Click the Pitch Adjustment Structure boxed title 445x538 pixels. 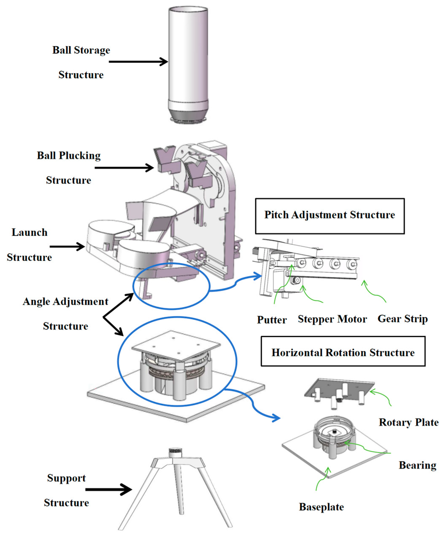click(329, 215)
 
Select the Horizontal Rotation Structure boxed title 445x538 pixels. click(343, 353)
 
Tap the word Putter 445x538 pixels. click(272, 320)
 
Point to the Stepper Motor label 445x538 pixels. click(332, 319)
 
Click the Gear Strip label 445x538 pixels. click(402, 319)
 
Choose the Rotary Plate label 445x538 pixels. click(408, 422)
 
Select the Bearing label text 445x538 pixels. click(417, 465)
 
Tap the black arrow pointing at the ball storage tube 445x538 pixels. click(138, 62)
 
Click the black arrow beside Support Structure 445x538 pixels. click(108, 490)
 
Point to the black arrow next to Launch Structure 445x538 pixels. click(67, 246)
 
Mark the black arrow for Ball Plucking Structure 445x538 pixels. click(124, 168)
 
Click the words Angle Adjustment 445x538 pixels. click(66, 302)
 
